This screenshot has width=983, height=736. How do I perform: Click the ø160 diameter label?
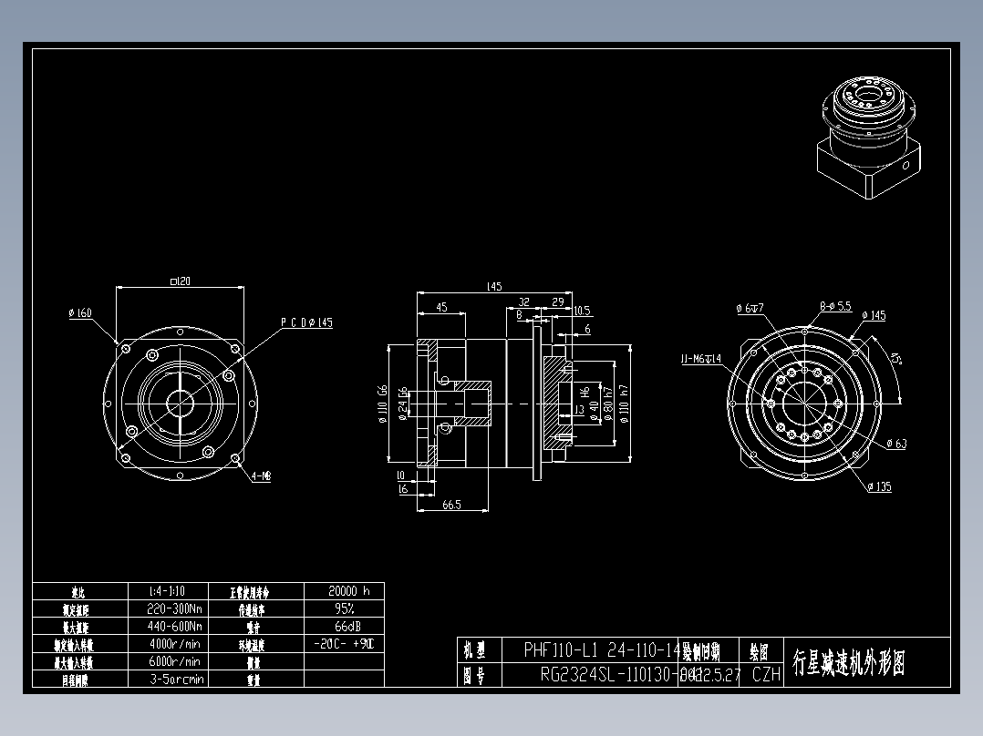click(80, 313)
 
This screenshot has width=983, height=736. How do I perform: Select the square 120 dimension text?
click(180, 281)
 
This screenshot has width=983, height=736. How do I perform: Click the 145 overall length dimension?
click(493, 287)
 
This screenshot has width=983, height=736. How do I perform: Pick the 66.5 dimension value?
click(451, 504)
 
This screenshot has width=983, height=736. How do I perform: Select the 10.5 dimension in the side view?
click(582, 311)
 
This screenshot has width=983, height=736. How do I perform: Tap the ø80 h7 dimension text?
click(606, 403)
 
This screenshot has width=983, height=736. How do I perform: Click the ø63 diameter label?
click(895, 444)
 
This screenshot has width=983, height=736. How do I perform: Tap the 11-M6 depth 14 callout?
click(700, 359)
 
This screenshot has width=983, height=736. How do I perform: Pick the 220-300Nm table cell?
click(174, 608)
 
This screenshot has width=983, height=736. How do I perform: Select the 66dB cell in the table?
click(344, 627)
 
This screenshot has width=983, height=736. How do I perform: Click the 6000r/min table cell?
click(174, 661)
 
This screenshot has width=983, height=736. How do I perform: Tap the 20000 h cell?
click(344, 590)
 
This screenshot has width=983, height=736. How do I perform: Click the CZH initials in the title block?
click(767, 674)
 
